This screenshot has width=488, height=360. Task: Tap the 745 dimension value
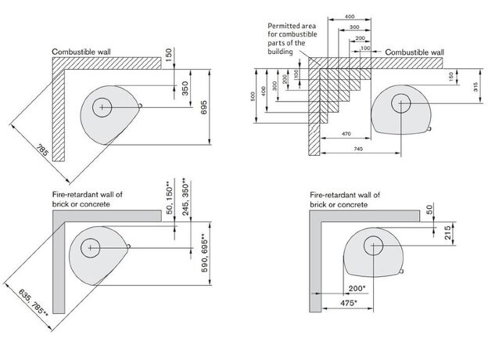click(x=358, y=148)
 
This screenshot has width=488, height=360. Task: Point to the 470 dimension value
click(x=349, y=134)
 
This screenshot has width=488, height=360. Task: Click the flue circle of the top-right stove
click(x=403, y=103)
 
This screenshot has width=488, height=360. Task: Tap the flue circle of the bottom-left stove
click(x=91, y=247)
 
